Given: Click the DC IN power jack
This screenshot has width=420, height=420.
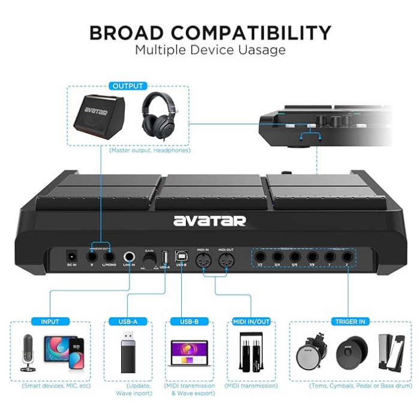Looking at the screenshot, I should pyautogui.click(x=71, y=256).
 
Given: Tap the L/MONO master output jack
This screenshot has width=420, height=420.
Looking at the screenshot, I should pyautogui.click(x=109, y=256).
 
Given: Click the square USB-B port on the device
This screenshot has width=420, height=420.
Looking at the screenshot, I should pyautogui.click(x=181, y=256).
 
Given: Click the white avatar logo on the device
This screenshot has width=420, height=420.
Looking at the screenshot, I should pyautogui.click(x=209, y=220).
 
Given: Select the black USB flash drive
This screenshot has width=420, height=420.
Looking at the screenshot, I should pyautogui.click(x=128, y=355).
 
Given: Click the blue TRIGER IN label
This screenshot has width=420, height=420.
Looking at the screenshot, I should pyautogui.click(x=349, y=322).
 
